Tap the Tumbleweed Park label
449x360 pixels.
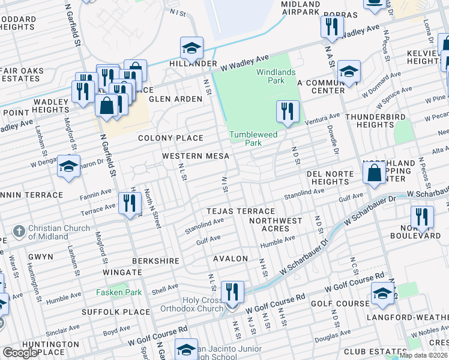[253, 139]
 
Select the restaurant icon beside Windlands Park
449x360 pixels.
[288, 112]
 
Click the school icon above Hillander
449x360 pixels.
[191, 47]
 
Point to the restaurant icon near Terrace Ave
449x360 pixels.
[130, 203]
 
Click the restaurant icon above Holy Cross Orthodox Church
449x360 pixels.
[232, 293]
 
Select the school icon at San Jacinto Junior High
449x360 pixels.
[186, 349]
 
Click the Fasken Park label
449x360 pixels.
[119, 292]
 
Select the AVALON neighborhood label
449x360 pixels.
[231, 259]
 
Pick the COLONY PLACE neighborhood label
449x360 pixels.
[170, 138]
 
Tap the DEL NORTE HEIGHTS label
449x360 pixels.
[327, 177]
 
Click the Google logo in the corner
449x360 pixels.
[20, 353]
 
